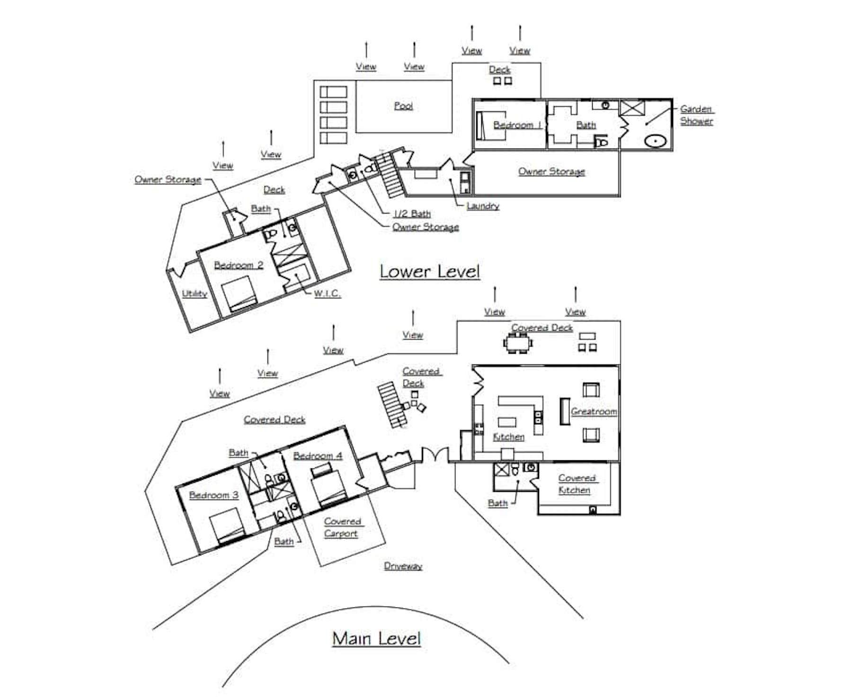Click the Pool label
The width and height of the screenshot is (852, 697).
coord(403,106)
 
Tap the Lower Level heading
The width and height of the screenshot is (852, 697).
coord(430,271)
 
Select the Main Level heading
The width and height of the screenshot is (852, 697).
coord(376,638)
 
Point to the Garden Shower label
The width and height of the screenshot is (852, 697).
coord(697,115)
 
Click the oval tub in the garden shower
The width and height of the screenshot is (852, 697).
coord(655,141)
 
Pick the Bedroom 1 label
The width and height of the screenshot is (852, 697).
coord(517,125)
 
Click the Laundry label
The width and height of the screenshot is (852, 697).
coord(483,206)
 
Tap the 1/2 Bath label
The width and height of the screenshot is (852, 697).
coord(412,214)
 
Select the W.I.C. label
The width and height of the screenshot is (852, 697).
coord(327,294)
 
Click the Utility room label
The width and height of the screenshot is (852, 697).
coord(195,294)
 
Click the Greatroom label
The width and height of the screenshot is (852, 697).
coord(594,411)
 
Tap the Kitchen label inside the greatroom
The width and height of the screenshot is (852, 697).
coord(509,437)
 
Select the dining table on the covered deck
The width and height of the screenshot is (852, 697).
coord(518,343)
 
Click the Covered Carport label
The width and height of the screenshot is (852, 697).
coord(342,527)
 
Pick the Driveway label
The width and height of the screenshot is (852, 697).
coord(403,566)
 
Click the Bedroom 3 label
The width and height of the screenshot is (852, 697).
coord(213,495)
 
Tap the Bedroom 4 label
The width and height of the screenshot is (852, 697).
coord(318,456)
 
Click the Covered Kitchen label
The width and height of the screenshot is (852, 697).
coord(576,484)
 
